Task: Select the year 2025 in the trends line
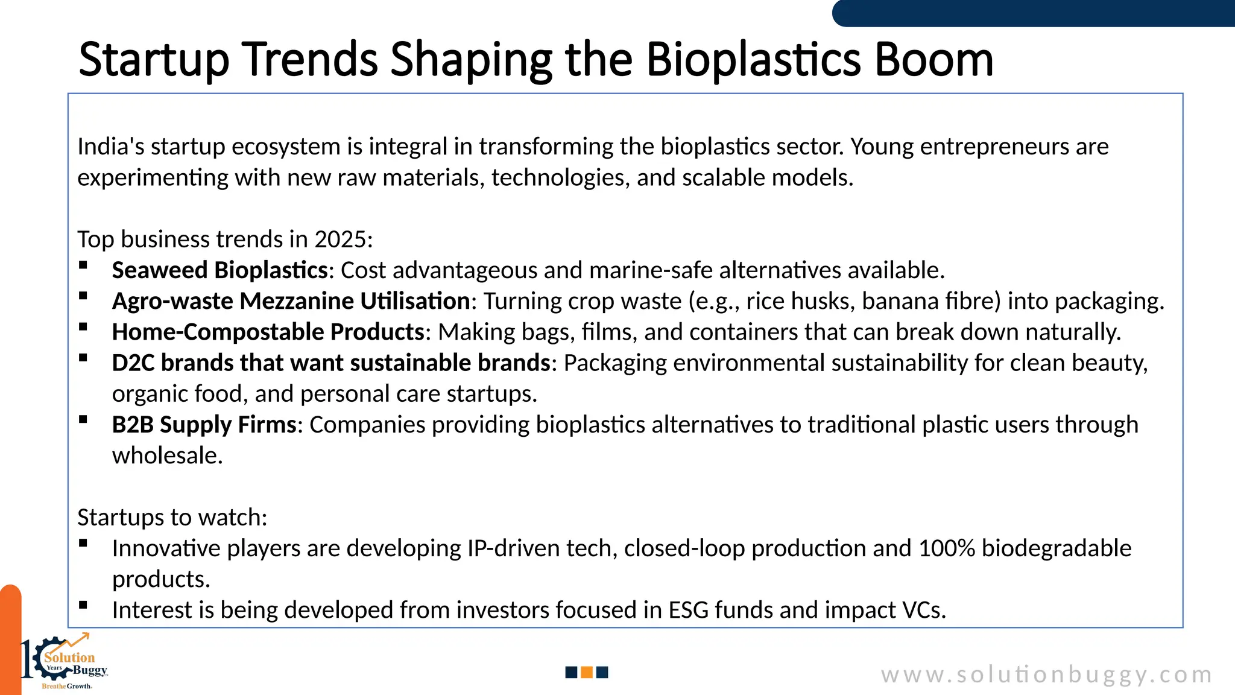[x=340, y=240]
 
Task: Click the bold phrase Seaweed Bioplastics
[x=220, y=270]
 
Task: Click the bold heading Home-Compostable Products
[x=268, y=332]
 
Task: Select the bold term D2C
[x=133, y=363]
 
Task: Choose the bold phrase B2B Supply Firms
[x=204, y=425]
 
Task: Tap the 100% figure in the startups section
[x=946, y=548]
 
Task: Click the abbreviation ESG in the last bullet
[x=688, y=610]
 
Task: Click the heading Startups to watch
[x=172, y=518]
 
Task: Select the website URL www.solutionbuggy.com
[x=1046, y=674]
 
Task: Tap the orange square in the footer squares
[x=587, y=672]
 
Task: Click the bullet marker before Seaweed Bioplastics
[x=83, y=265]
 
